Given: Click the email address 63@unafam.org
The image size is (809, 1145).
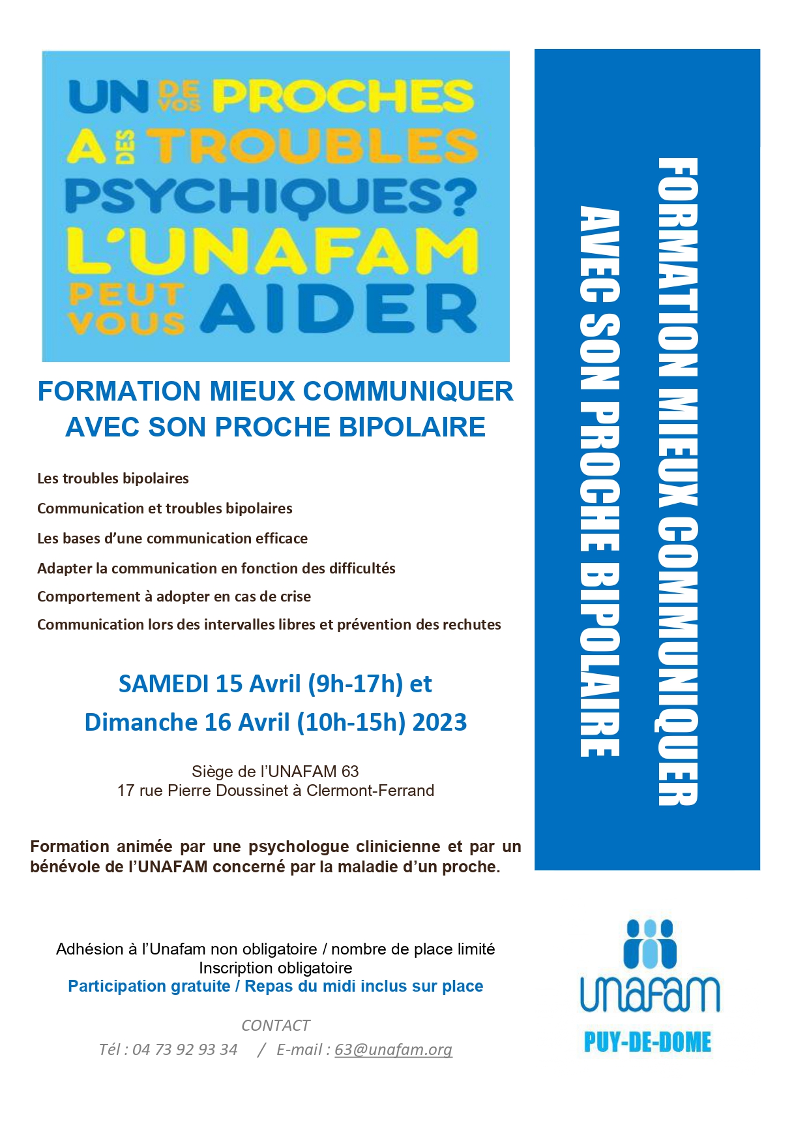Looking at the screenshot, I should [x=393, y=1049].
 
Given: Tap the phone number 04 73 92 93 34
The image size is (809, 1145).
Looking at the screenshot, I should [x=184, y=1049].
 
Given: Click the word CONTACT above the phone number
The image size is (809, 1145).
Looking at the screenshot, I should [x=275, y=1025].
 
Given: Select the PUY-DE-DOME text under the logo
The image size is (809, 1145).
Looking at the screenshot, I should [x=647, y=1042].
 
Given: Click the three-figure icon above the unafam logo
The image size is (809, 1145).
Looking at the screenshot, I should [x=649, y=943].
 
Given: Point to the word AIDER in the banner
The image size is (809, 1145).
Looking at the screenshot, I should [x=338, y=309].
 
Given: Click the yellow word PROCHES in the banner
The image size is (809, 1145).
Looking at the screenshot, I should [x=343, y=96].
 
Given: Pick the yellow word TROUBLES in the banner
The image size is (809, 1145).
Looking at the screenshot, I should [x=316, y=145].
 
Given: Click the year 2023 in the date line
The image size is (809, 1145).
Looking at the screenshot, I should [x=439, y=722].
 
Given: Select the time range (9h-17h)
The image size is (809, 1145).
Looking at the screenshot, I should [x=355, y=684].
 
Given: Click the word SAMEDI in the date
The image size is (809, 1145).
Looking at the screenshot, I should [x=164, y=684].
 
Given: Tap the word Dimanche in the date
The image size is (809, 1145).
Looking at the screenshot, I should [x=141, y=722].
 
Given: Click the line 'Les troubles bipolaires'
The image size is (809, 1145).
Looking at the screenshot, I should [x=113, y=478].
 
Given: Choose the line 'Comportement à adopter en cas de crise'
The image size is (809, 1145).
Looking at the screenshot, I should [x=174, y=596].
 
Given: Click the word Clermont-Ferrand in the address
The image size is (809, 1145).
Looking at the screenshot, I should [x=370, y=790].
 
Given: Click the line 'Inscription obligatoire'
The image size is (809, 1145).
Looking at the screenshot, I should [x=275, y=968].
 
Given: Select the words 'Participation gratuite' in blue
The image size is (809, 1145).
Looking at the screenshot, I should [x=149, y=986].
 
